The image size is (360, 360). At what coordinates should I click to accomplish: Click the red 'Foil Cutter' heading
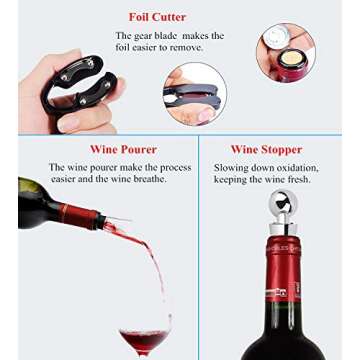(x=158, y=17)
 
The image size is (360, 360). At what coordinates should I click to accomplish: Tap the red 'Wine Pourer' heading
(x=96, y=149)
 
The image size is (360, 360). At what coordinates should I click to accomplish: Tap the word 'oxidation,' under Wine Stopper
(x=297, y=167)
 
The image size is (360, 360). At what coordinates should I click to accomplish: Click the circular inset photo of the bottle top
(x=285, y=52)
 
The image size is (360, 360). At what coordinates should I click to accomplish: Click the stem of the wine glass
(x=142, y=356)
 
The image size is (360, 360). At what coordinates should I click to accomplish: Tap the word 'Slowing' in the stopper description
(x=232, y=167)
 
